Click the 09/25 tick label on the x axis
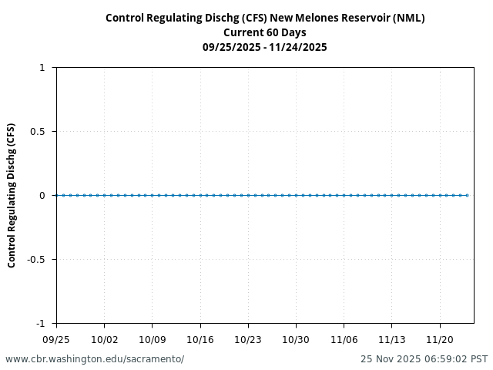click(56, 339)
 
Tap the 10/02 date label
click(104, 339)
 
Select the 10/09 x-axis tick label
click(152, 339)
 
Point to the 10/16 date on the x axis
click(200, 339)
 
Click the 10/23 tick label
click(248, 339)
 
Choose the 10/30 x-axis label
click(296, 339)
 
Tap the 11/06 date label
click(344, 339)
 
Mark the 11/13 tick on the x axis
click(391, 339)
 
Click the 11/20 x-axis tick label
click(440, 339)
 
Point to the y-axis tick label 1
click(42, 68)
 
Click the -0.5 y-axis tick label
click(35, 260)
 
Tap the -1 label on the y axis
click(40, 323)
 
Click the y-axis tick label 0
click(42, 196)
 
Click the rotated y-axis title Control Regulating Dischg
click(12, 195)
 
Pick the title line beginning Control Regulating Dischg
click(265, 18)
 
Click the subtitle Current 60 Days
click(265, 32)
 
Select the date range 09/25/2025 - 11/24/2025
click(265, 47)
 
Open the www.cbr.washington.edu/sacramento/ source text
click(95, 359)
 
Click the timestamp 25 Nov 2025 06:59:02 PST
click(424, 359)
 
